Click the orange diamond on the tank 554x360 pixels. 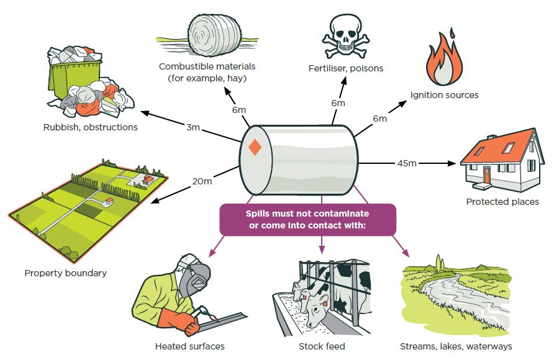point(255,148)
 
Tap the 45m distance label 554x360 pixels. point(407,163)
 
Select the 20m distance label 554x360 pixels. point(202,181)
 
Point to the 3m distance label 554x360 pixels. point(193,127)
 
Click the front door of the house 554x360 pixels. point(487,174)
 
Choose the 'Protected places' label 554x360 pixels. point(502,202)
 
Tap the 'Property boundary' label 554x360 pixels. point(66,272)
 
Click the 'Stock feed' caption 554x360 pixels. point(322,346)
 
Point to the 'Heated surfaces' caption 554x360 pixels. point(190,346)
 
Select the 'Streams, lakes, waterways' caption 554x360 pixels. point(456,346)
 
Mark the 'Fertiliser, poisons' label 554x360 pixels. point(346,68)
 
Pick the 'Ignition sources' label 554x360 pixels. point(445,95)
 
